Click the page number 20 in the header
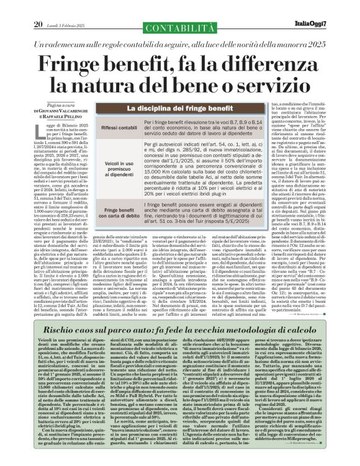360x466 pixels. [37, 7]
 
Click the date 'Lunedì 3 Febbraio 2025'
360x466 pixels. [66, 7]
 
